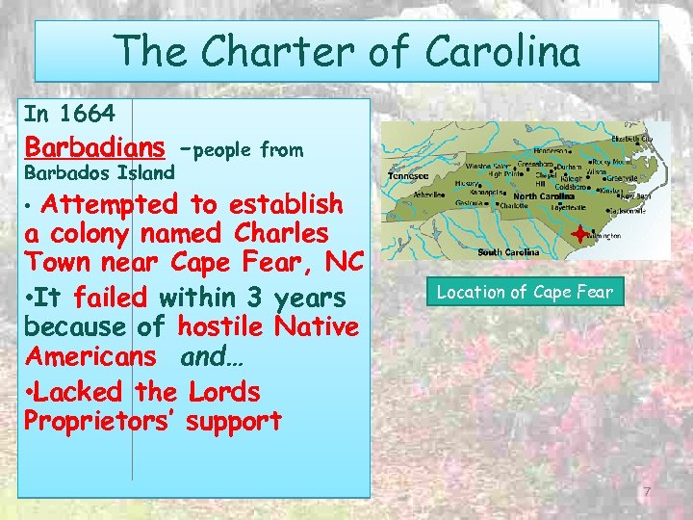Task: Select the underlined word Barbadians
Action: (x=94, y=148)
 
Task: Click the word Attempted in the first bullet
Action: (x=109, y=204)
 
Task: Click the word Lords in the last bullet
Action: (x=224, y=392)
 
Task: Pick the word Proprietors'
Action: (x=101, y=421)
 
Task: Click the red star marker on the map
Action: (x=577, y=234)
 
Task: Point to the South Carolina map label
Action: (x=509, y=252)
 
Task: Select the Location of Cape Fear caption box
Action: (x=525, y=291)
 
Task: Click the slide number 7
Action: (x=648, y=493)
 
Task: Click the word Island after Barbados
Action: (x=145, y=174)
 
